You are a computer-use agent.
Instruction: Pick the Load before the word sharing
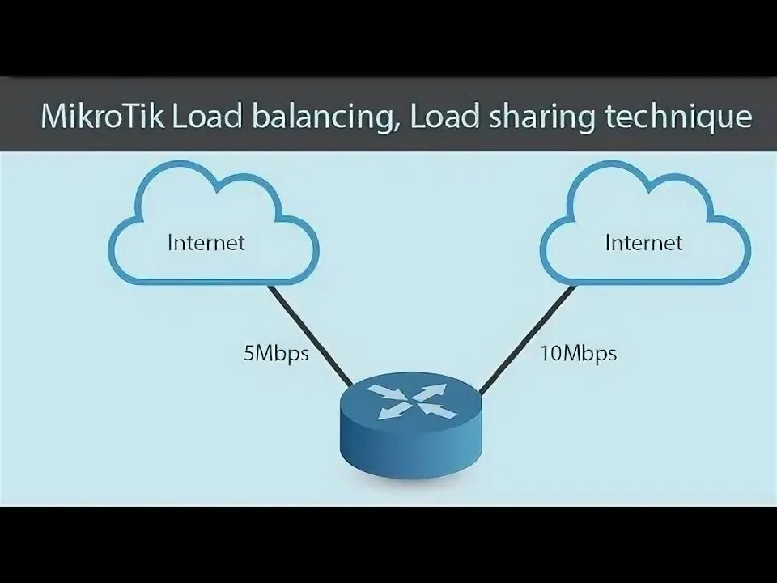click(444, 117)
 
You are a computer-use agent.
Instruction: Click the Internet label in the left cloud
click(206, 242)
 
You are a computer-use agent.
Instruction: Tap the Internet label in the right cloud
click(643, 242)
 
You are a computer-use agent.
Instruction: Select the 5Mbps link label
click(276, 354)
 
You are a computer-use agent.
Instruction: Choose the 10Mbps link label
click(577, 354)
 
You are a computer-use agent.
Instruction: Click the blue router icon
click(410, 429)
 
